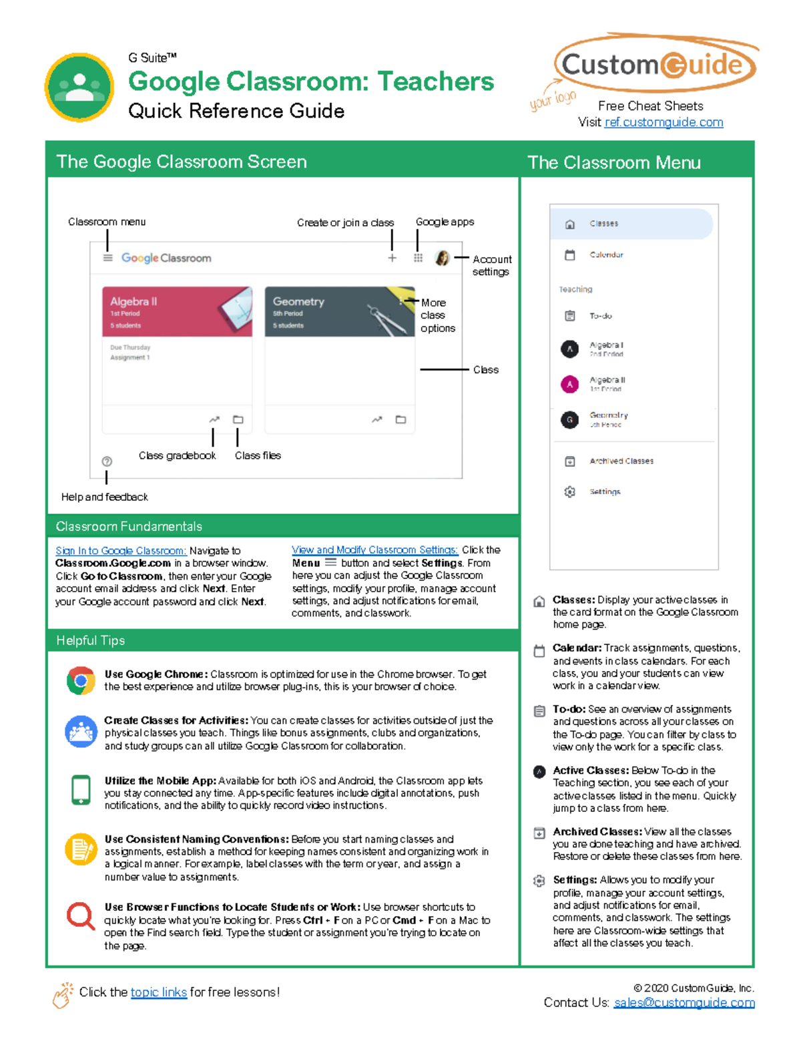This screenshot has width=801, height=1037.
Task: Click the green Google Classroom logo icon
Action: [79, 87]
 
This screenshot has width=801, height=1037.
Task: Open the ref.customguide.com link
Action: [663, 122]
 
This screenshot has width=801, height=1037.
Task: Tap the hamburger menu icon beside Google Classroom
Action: [107, 258]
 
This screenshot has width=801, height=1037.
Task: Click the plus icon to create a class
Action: [392, 258]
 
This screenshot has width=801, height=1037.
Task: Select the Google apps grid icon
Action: [418, 258]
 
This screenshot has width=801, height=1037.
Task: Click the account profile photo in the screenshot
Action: [442, 258]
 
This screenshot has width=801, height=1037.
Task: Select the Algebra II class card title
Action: [133, 302]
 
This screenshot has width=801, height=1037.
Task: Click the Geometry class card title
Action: [298, 302]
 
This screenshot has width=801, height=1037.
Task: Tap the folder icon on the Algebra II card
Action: [238, 419]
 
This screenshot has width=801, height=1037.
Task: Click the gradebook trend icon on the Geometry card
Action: [377, 419]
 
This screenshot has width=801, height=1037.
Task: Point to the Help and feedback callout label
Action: [105, 497]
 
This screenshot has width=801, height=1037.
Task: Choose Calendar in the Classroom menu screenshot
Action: [606, 255]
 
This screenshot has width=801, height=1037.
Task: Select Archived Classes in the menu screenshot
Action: [621, 461]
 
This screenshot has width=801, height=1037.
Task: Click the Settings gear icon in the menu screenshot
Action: [569, 492]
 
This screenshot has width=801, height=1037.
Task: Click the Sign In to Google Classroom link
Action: [121, 551]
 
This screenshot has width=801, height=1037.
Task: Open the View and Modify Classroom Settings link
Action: [374, 550]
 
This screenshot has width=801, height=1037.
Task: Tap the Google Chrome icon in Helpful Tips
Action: [81, 680]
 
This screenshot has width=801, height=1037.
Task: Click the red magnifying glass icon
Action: [81, 915]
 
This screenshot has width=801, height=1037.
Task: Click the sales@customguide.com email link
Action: [684, 1002]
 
